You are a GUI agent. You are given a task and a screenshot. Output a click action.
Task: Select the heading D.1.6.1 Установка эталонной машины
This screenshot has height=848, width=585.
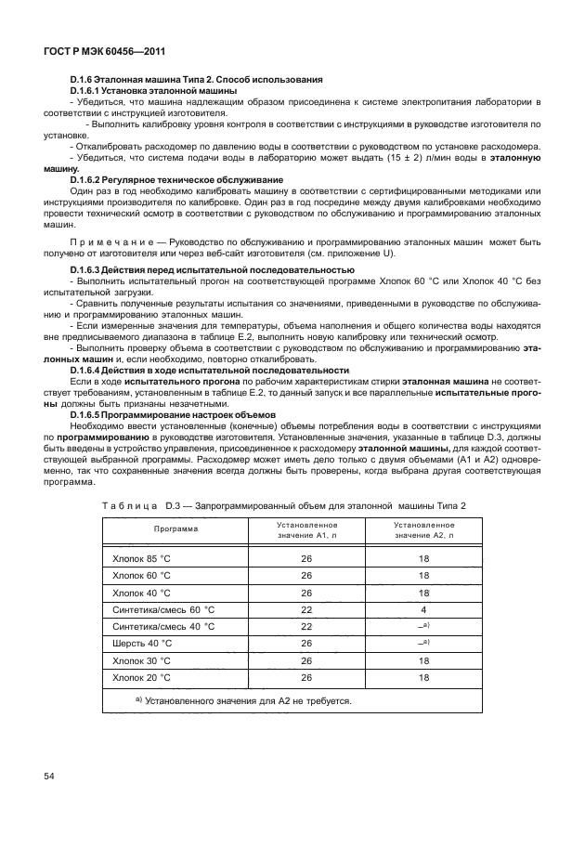[x=153, y=91]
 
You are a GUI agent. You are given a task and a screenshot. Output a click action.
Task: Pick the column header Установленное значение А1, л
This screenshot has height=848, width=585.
[x=305, y=529]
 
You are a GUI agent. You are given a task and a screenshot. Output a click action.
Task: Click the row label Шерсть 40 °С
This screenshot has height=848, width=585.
[x=142, y=644]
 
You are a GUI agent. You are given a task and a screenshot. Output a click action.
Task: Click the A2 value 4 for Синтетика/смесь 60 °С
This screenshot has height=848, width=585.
[x=422, y=609]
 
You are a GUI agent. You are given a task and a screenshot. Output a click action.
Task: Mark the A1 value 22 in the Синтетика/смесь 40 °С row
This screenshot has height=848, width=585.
[x=305, y=627]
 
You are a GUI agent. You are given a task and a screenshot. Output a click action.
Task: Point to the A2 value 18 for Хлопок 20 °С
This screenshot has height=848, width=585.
[x=422, y=677]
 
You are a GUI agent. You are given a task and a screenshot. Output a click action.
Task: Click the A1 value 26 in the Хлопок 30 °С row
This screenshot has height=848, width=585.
[x=305, y=660]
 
